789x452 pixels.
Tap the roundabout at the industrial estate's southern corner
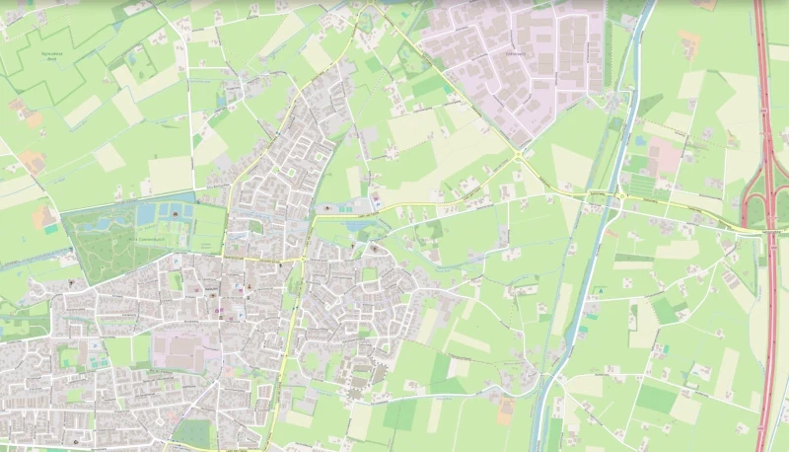coord(517,155)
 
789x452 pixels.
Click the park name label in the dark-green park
coord(147,239)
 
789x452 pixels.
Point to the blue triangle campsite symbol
coord(597,291)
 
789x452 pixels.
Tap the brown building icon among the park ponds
coord(177,212)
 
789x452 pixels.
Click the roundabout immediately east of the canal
coord(621,197)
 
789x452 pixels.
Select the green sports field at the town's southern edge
coord(192,432)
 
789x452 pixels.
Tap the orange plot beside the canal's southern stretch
coord(505,410)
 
